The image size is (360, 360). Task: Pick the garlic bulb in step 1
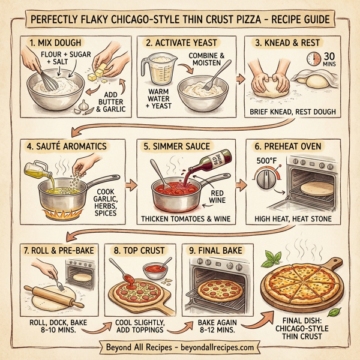click(82, 106)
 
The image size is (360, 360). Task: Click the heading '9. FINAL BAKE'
click(217, 248)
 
